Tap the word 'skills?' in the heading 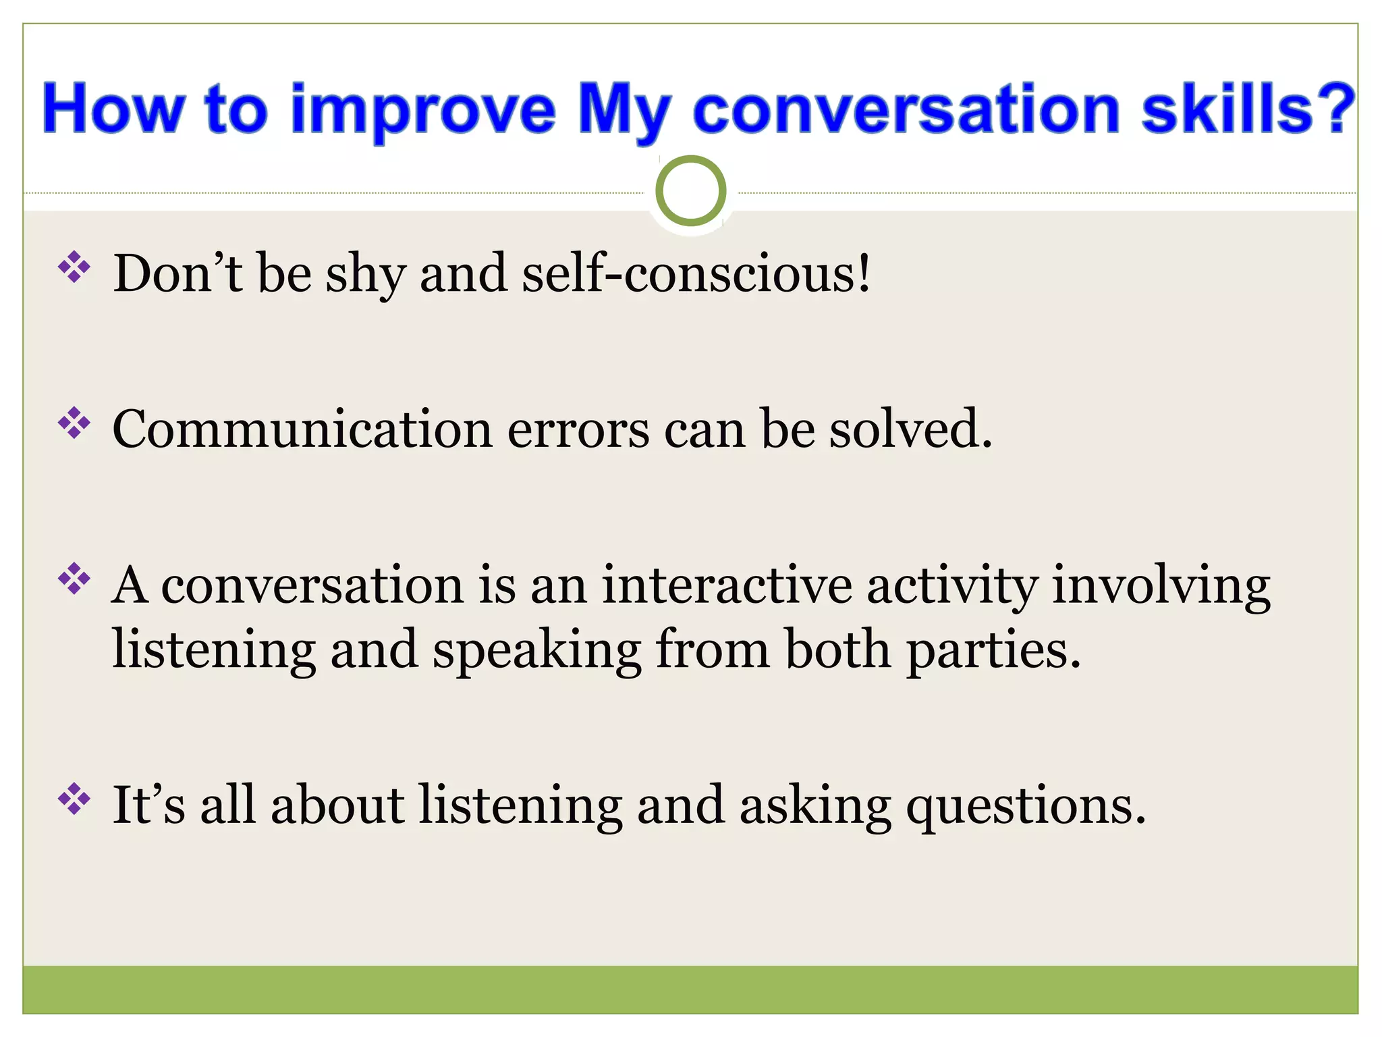pos(1248,109)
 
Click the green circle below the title pos(690,191)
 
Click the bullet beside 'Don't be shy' pos(74,267)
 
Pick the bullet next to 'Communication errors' pos(74,423)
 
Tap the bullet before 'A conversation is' pos(74,579)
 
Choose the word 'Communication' pos(302,429)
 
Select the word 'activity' pos(952,586)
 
